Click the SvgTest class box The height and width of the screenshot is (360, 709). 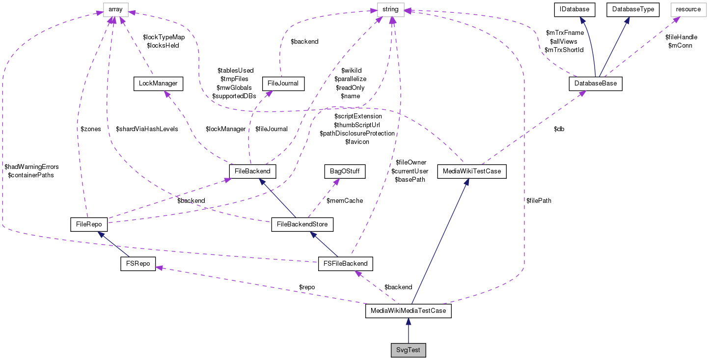click(x=408, y=351)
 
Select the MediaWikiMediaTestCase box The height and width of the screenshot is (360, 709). click(x=408, y=311)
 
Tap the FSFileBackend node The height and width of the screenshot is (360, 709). click(x=346, y=263)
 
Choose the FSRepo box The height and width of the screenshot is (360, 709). click(x=138, y=263)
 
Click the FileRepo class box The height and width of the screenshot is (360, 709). click(x=89, y=224)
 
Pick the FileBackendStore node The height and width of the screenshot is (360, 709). click(x=302, y=225)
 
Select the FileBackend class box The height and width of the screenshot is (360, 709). click(x=252, y=171)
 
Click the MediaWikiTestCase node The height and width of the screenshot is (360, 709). click(x=471, y=171)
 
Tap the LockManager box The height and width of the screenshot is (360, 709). click(x=158, y=84)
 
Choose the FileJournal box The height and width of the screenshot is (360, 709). click(x=283, y=84)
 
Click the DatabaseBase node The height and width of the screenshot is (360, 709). click(x=596, y=84)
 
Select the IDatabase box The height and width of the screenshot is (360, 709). click(x=574, y=9)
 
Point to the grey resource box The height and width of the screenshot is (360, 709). click(x=688, y=9)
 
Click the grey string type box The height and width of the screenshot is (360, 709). click(x=390, y=9)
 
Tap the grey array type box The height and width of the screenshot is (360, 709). click(x=115, y=9)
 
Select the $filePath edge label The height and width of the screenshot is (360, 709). click(x=539, y=200)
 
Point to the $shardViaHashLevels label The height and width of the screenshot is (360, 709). click(x=147, y=129)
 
